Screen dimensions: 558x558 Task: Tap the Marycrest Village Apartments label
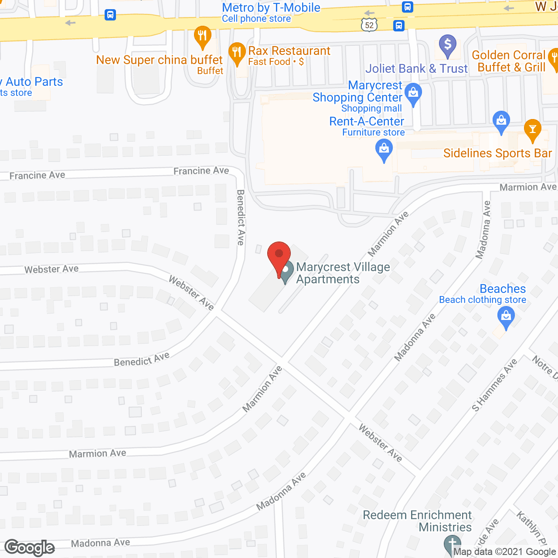coord(343,273)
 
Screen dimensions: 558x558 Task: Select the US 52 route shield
coord(369,25)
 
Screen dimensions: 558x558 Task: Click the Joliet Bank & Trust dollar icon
coord(448,44)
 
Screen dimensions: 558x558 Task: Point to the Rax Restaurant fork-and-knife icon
coord(237,53)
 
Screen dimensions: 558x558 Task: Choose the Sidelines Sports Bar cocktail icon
coord(532,129)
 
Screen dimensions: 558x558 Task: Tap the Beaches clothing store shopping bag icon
coord(506,316)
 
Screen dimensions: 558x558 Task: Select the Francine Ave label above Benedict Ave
coord(201,171)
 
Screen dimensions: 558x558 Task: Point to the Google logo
coord(30,548)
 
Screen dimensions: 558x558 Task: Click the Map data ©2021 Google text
coord(505,552)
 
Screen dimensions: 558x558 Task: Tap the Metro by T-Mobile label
coord(271,8)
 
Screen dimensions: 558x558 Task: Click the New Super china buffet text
coord(160,60)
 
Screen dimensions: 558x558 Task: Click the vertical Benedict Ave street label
coord(241,217)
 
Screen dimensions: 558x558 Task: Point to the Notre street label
coord(544,367)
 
